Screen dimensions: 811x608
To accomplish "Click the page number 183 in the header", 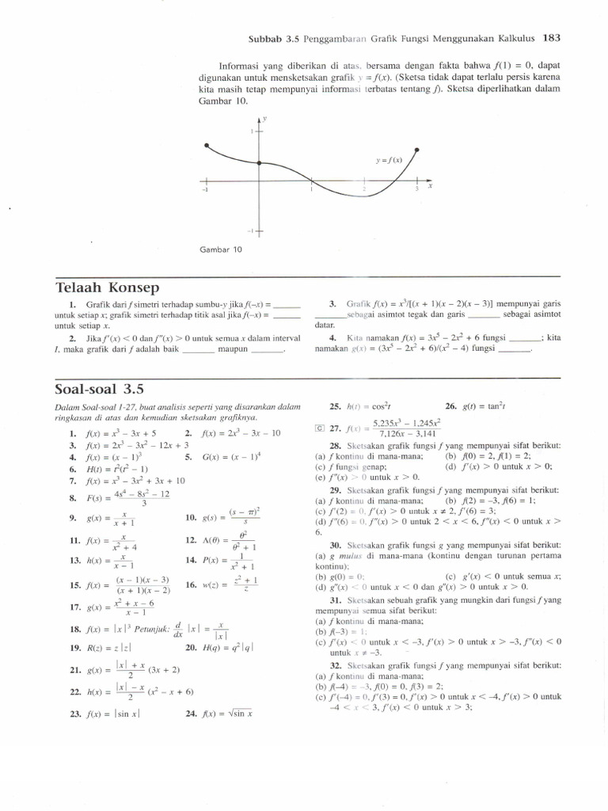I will tap(553, 36).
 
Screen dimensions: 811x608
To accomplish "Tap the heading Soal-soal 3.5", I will tap(101, 389).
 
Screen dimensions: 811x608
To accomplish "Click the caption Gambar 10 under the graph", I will tap(225, 249).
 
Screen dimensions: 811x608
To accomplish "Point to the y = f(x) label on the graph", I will tap(389, 161).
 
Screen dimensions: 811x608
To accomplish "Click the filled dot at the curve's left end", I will tap(206, 146).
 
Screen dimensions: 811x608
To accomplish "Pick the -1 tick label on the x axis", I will tap(205, 190).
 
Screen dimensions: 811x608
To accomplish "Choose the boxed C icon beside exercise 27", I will tap(319, 429).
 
